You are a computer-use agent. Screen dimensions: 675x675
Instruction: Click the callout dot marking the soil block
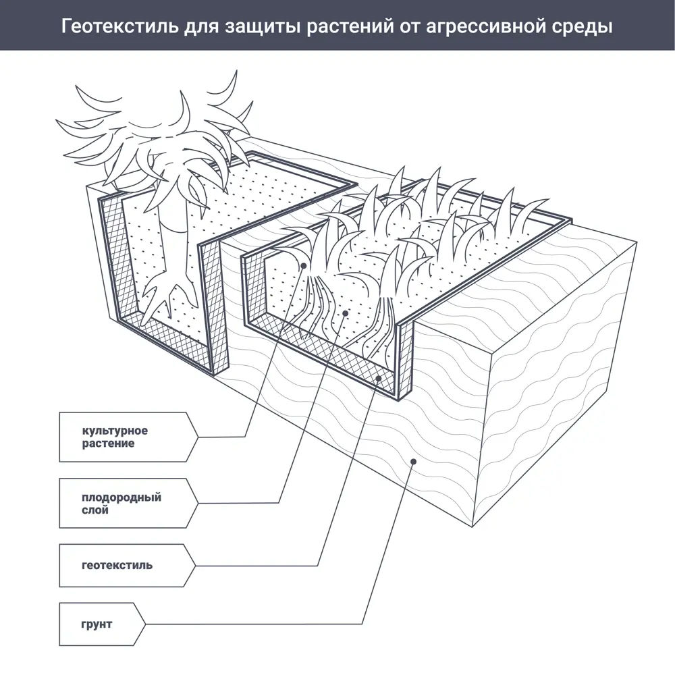tap(414, 461)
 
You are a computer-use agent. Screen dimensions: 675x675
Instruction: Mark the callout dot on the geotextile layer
tap(379, 379)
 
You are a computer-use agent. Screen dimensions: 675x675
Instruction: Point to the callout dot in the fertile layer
tap(345, 313)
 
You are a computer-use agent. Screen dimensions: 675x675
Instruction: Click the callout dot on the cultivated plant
tap(304, 266)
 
